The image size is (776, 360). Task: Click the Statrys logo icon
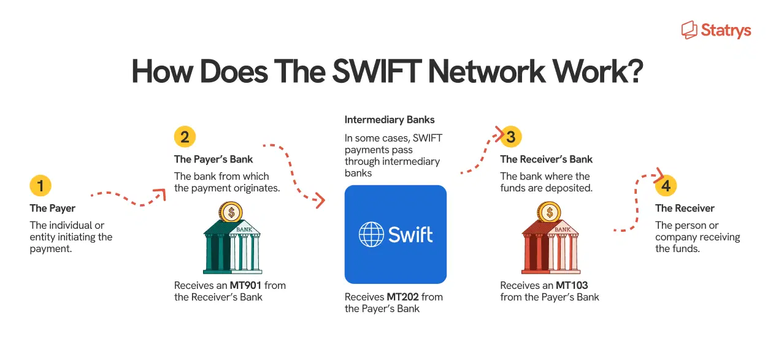690,29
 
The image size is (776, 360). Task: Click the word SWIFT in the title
374,72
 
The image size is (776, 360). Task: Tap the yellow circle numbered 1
40,186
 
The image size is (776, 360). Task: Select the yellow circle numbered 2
185,137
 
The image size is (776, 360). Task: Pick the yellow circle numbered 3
510,137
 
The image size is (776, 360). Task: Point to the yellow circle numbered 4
666,186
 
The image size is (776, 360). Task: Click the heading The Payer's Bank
213,159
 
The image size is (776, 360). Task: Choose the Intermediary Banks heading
390,120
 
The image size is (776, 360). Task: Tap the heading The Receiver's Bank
546,159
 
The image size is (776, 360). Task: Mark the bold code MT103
572,285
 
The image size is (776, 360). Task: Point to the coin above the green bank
231,212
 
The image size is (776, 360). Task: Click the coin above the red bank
549,212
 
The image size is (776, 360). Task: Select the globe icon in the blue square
371,234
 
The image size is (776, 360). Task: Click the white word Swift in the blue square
410,234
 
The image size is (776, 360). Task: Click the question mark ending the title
633,72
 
